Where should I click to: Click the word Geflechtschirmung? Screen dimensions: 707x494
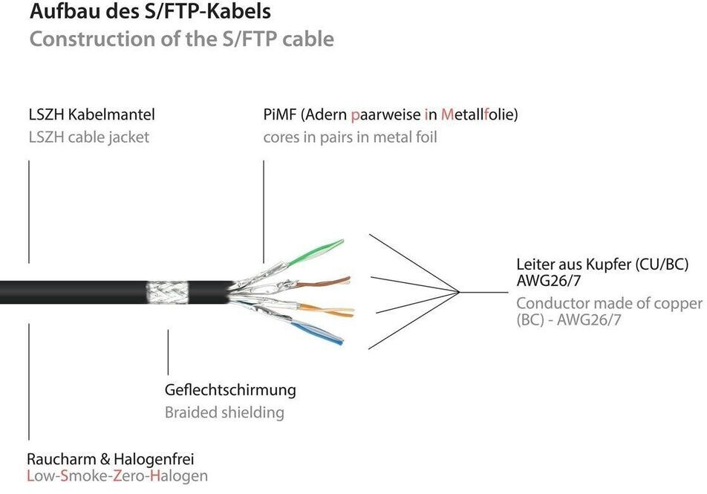230,390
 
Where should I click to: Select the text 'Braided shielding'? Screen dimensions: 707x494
224,412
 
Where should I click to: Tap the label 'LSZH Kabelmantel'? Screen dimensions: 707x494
91,115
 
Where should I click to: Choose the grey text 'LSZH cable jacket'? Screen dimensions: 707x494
89,137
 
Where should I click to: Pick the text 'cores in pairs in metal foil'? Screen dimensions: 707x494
350,137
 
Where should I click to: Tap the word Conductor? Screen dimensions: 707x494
552,303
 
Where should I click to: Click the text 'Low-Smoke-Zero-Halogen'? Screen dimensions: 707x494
117,476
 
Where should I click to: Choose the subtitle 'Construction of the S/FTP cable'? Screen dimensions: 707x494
181,39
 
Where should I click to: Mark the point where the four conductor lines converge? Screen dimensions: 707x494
460,291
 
